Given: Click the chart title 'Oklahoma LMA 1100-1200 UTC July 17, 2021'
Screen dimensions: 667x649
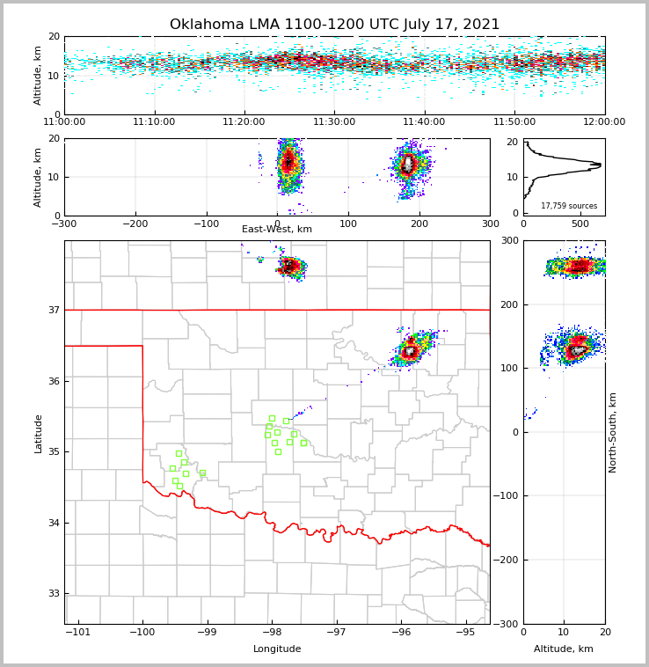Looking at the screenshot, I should pyautogui.click(x=334, y=25).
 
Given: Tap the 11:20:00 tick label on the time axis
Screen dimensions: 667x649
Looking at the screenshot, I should pyautogui.click(x=244, y=122).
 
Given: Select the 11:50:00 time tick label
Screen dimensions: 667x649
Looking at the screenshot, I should pyautogui.click(x=514, y=122).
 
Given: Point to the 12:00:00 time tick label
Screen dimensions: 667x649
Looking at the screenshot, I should pyautogui.click(x=604, y=122).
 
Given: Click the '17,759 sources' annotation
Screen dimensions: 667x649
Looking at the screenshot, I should pyautogui.click(x=569, y=206).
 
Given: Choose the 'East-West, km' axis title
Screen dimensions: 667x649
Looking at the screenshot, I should pyautogui.click(x=277, y=230).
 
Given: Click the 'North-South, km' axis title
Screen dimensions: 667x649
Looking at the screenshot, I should pyautogui.click(x=614, y=432).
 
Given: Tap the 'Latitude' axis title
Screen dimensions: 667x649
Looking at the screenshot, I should pyautogui.click(x=39, y=433).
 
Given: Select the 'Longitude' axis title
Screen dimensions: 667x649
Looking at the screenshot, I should pyautogui.click(x=277, y=649).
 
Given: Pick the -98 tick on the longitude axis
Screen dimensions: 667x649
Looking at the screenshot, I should pyautogui.click(x=272, y=633).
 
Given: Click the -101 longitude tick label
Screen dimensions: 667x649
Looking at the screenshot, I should pyautogui.click(x=78, y=633).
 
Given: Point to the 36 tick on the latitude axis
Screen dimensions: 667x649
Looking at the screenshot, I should pyautogui.click(x=54, y=381).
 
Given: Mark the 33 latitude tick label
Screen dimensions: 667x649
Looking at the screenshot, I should pyautogui.click(x=54, y=594).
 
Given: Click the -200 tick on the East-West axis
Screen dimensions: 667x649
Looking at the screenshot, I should pyautogui.click(x=134, y=224).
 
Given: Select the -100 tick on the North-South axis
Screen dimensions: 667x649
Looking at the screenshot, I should pyautogui.click(x=507, y=496).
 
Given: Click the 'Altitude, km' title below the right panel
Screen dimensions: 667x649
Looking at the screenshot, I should pyautogui.click(x=564, y=649).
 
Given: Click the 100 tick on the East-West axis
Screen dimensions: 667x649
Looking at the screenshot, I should pyautogui.click(x=348, y=224).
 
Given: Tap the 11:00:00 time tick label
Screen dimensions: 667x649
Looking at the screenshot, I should pyautogui.click(x=64, y=122).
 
